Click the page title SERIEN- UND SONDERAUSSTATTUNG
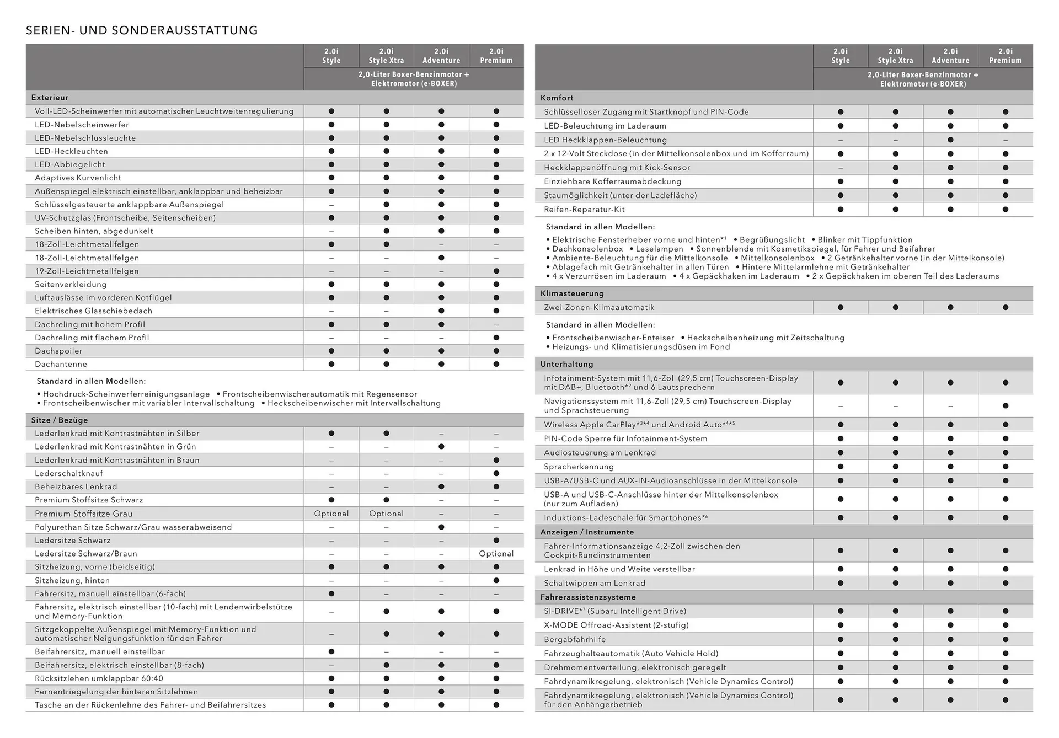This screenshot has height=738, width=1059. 142,30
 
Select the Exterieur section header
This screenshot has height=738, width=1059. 50,98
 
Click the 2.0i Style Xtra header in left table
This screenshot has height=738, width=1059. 386,56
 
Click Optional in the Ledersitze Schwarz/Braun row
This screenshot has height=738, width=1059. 496,554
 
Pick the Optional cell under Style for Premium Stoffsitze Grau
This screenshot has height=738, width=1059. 331,514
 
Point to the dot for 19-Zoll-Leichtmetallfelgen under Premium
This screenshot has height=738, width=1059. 496,271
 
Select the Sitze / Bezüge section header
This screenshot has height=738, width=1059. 59,420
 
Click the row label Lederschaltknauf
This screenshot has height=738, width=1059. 68,473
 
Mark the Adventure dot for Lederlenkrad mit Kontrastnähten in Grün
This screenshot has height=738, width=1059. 441,447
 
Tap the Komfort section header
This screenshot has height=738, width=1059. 557,98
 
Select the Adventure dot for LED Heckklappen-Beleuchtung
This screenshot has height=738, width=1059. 950,140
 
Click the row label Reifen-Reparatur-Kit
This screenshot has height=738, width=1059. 584,210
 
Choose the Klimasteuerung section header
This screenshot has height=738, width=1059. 572,293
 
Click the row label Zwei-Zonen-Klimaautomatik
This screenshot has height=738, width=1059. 599,307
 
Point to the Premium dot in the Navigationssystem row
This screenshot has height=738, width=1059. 1005,406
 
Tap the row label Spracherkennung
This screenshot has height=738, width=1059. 579,467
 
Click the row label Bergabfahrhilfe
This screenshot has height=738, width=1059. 574,639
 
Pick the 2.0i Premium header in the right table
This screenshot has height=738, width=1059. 1005,56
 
